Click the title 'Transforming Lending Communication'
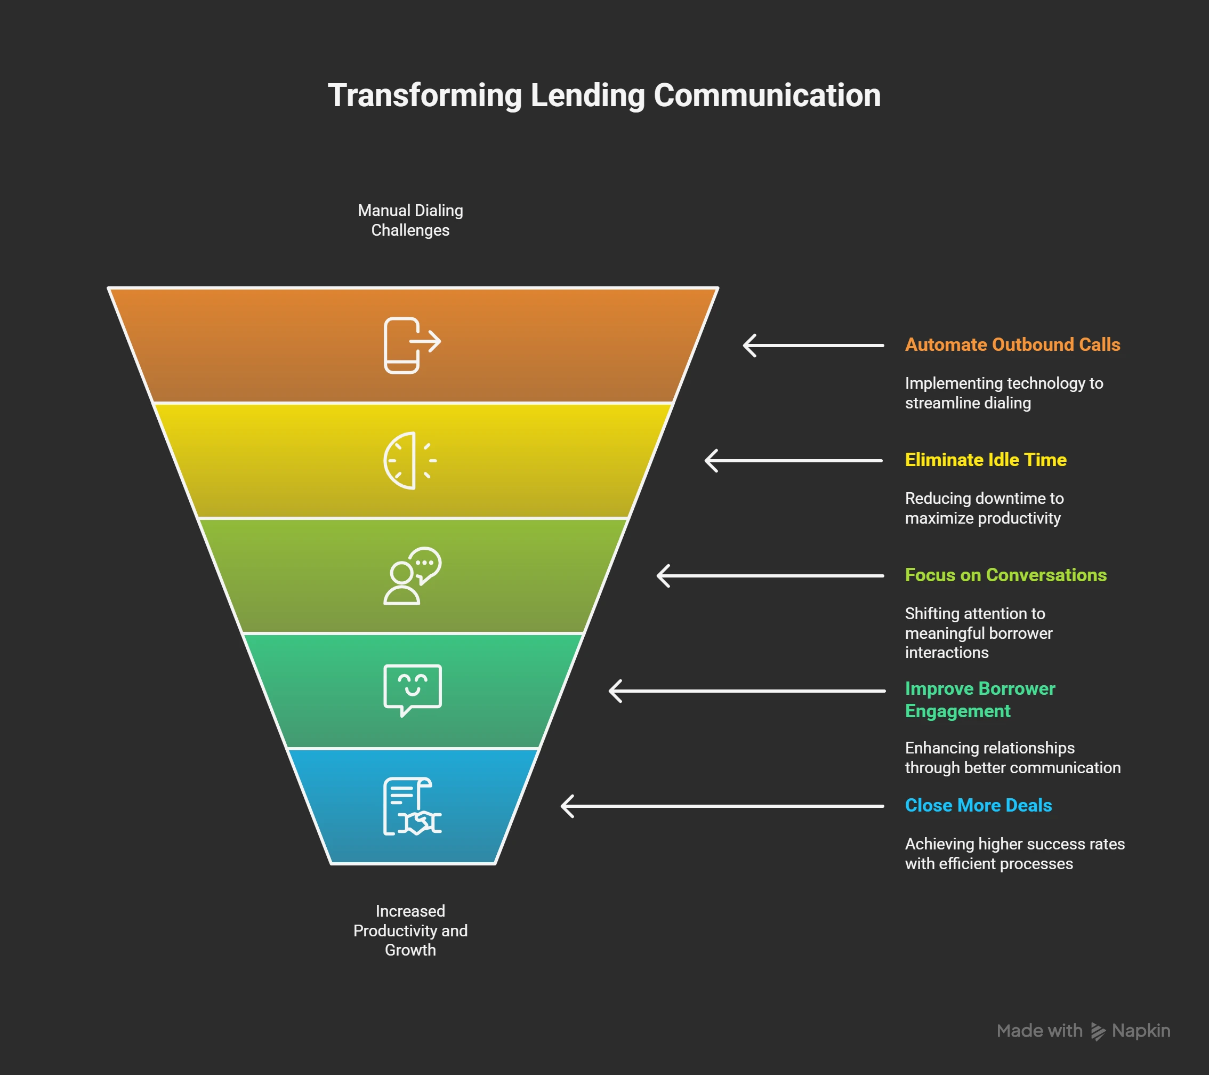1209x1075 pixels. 604,95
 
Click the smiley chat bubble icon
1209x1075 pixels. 412,690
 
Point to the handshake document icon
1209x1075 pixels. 412,806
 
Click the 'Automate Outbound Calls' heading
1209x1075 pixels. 1012,344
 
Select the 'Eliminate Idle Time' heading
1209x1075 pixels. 986,460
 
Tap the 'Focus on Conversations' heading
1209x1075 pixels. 1005,575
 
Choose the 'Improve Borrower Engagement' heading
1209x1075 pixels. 979,699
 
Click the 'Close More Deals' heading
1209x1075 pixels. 978,805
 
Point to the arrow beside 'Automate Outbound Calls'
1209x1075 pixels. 813,346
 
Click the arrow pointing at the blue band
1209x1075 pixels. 722,806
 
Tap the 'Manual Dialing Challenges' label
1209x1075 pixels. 410,220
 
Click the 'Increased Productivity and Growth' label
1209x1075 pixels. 410,930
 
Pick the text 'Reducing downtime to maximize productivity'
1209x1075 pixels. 984,508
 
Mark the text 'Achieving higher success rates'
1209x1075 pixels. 1014,844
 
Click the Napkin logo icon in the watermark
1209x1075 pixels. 1098,1031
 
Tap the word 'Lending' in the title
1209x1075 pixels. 587,95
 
